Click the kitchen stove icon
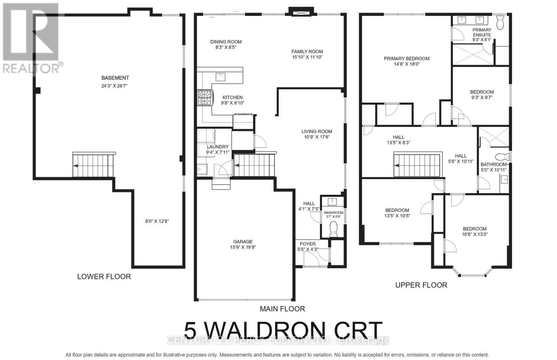point(205,98)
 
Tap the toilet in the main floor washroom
point(333,230)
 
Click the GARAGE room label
point(243,242)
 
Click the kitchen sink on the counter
point(220,77)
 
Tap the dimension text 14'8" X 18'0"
point(407,64)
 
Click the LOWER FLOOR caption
point(104,277)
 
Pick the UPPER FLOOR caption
point(421,285)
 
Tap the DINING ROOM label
point(226,42)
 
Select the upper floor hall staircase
point(418,165)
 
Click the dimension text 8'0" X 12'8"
point(157,221)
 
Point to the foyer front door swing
point(311,259)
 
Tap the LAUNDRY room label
point(218,147)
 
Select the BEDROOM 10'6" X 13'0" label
point(474,229)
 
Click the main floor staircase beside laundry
point(254,165)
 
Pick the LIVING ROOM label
point(317,131)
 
